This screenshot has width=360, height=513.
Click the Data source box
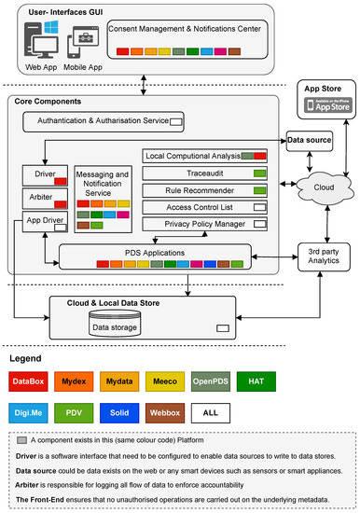(x=308, y=140)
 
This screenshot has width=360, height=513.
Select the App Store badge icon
(x=321, y=105)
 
